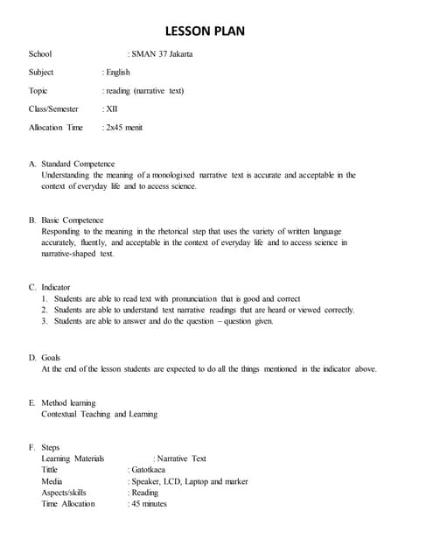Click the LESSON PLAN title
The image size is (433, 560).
(216, 32)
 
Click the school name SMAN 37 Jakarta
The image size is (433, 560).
(162, 54)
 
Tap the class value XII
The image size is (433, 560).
(112, 109)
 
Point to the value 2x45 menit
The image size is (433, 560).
(124, 128)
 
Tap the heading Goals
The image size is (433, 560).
(51, 358)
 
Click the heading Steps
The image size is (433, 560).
(51, 448)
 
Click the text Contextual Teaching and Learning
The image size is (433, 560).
(99, 414)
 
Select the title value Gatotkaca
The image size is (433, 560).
(148, 470)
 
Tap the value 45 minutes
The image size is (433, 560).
(149, 504)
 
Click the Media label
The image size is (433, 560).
(52, 481)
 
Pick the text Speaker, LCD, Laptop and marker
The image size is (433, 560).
(190, 481)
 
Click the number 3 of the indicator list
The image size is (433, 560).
(44, 321)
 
